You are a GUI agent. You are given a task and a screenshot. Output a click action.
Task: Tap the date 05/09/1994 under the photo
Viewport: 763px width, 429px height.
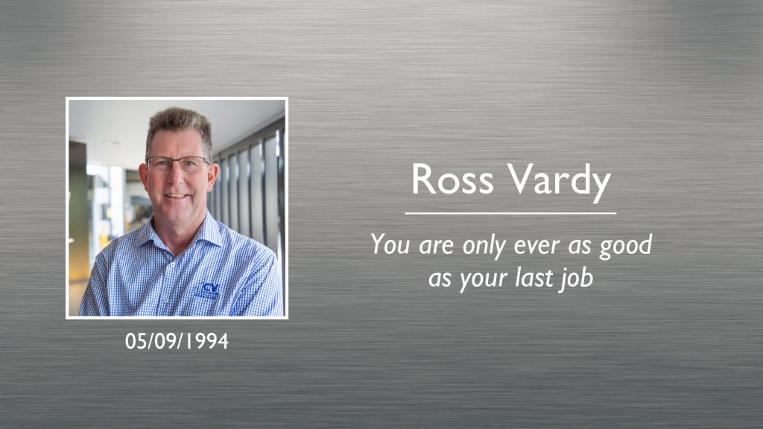(177, 342)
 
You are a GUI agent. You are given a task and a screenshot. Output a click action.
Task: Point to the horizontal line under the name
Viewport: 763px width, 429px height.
(510, 214)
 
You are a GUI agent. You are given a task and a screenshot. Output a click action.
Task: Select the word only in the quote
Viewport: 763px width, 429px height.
(478, 246)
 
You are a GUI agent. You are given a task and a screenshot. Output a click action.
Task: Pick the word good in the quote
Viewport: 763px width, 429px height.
(627, 247)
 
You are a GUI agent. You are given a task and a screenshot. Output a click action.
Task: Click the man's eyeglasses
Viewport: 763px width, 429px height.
(177, 165)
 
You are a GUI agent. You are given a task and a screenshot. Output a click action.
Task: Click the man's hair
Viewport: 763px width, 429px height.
(178, 121)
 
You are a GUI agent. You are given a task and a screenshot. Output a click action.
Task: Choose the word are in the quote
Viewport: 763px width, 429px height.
(435, 246)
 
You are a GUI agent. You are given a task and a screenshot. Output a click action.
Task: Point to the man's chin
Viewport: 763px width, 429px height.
(177, 212)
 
